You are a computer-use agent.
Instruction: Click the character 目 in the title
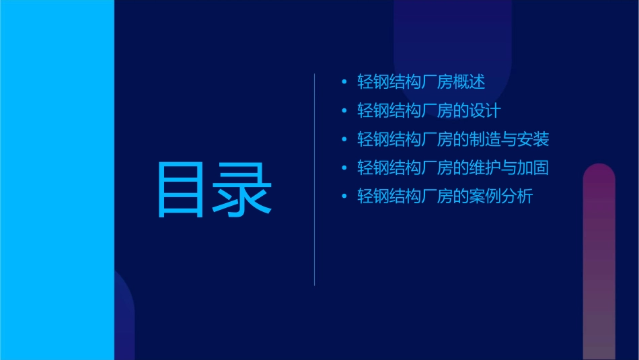180,190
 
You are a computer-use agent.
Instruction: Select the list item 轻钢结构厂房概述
421,82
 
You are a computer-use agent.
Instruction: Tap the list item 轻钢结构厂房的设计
428,111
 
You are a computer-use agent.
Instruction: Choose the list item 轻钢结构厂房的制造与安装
453,139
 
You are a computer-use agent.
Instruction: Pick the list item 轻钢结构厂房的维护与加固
453,168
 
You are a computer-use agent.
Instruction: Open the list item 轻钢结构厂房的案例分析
445,196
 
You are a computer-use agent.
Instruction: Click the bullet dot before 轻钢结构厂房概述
344,83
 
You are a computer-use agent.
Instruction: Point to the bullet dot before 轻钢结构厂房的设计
344,111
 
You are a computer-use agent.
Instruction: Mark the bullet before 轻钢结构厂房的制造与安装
344,140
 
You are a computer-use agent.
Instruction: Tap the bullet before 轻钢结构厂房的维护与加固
344,168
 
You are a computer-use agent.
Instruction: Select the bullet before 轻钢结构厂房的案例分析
344,197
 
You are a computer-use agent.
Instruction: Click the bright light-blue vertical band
57,180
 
